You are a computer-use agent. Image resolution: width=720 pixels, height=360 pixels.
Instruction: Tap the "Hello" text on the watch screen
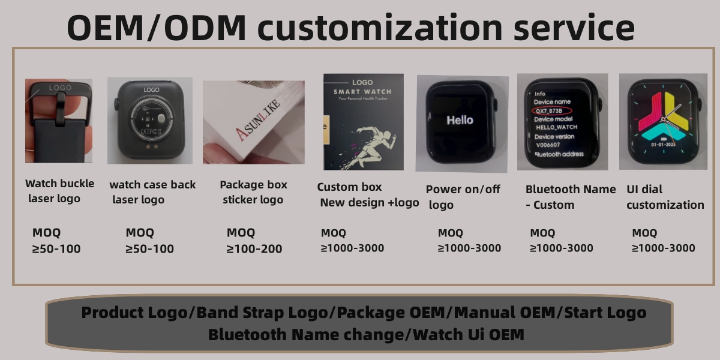tap(460, 120)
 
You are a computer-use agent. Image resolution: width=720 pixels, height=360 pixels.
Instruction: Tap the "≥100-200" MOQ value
tap(254, 248)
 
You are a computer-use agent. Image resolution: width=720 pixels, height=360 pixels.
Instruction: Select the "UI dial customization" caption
tap(665, 197)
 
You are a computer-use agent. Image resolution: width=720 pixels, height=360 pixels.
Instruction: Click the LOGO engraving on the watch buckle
tap(59, 88)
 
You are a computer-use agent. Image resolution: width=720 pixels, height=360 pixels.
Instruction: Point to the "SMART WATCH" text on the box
tap(362, 91)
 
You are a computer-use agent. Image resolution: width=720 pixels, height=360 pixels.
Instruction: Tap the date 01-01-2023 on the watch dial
tap(662, 145)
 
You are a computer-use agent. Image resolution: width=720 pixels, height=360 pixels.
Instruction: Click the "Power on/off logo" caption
tap(463, 197)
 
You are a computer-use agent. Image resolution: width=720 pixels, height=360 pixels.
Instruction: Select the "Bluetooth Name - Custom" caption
tap(570, 197)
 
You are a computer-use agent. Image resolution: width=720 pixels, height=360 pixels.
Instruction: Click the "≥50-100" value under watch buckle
tap(56, 248)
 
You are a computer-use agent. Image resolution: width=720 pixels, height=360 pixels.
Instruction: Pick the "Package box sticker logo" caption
tap(253, 192)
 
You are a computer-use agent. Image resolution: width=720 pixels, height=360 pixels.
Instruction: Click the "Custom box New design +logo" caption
tap(368, 194)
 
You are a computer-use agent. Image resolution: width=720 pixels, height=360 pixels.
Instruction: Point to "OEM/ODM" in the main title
tap(157, 28)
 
